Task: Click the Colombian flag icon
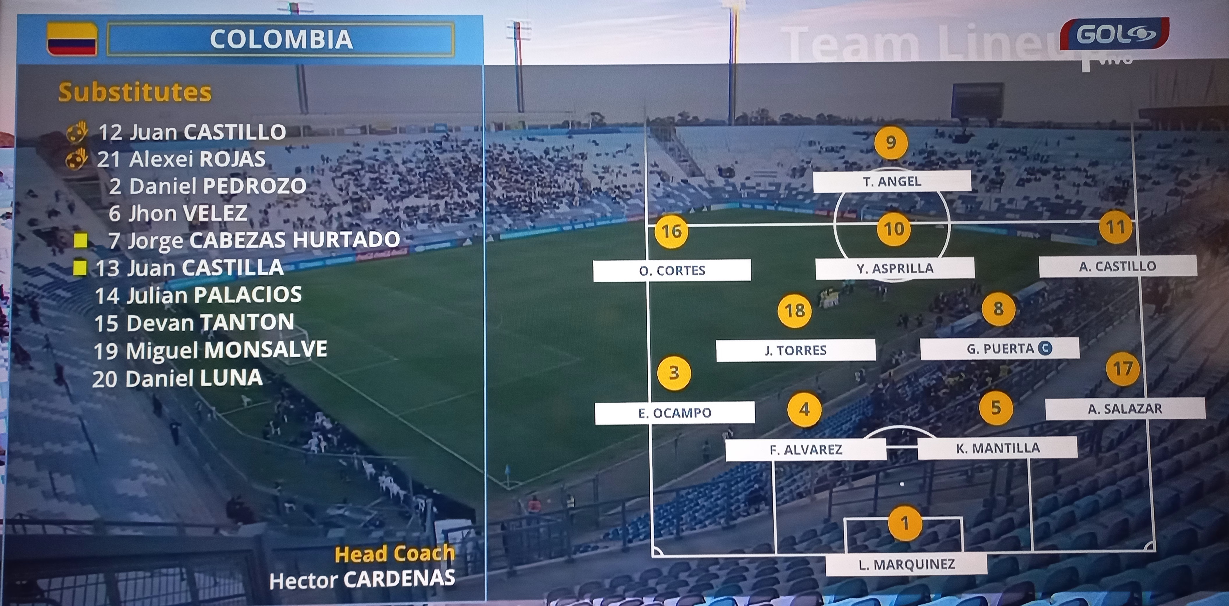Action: tap(72, 39)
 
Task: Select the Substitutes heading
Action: tap(135, 92)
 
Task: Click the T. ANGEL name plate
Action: tap(892, 181)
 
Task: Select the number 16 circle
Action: tap(671, 231)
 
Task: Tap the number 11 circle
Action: tap(1116, 227)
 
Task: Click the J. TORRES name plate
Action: tap(795, 350)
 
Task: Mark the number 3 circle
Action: tap(674, 373)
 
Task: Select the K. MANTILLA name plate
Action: tap(997, 448)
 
